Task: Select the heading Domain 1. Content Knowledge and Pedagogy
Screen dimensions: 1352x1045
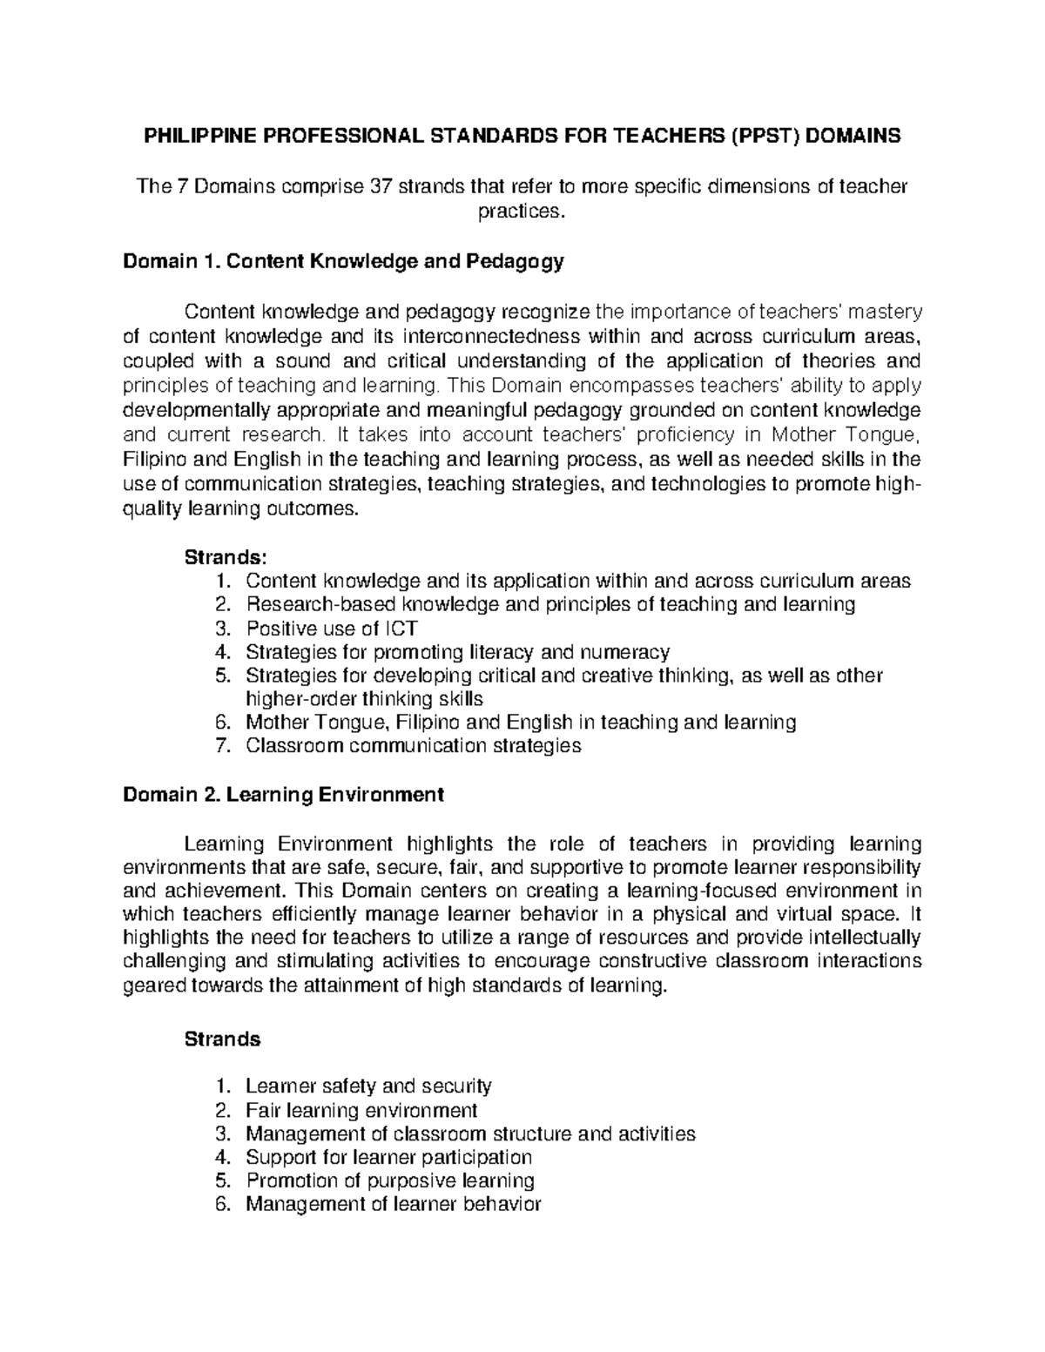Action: pyautogui.click(x=343, y=261)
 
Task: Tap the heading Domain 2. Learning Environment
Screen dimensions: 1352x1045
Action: pyautogui.click(x=283, y=794)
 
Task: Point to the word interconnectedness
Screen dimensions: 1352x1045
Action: pyautogui.click(x=495, y=336)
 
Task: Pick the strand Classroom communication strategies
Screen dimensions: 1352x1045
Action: pyautogui.click(x=413, y=745)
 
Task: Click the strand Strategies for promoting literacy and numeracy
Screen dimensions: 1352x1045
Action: pyautogui.click(x=457, y=651)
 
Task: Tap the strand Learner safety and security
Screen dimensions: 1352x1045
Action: pyautogui.click(x=368, y=1086)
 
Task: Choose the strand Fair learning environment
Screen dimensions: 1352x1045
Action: pyautogui.click(x=361, y=1110)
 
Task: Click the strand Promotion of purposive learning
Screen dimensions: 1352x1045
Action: pyautogui.click(x=389, y=1180)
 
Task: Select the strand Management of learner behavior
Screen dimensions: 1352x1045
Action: pyautogui.click(x=393, y=1204)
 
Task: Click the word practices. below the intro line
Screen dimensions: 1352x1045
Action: pyautogui.click(x=522, y=212)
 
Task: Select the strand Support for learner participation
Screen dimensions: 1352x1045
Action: pyautogui.click(x=388, y=1157)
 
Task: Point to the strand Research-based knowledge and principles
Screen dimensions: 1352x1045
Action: pyautogui.click(x=549, y=604)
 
